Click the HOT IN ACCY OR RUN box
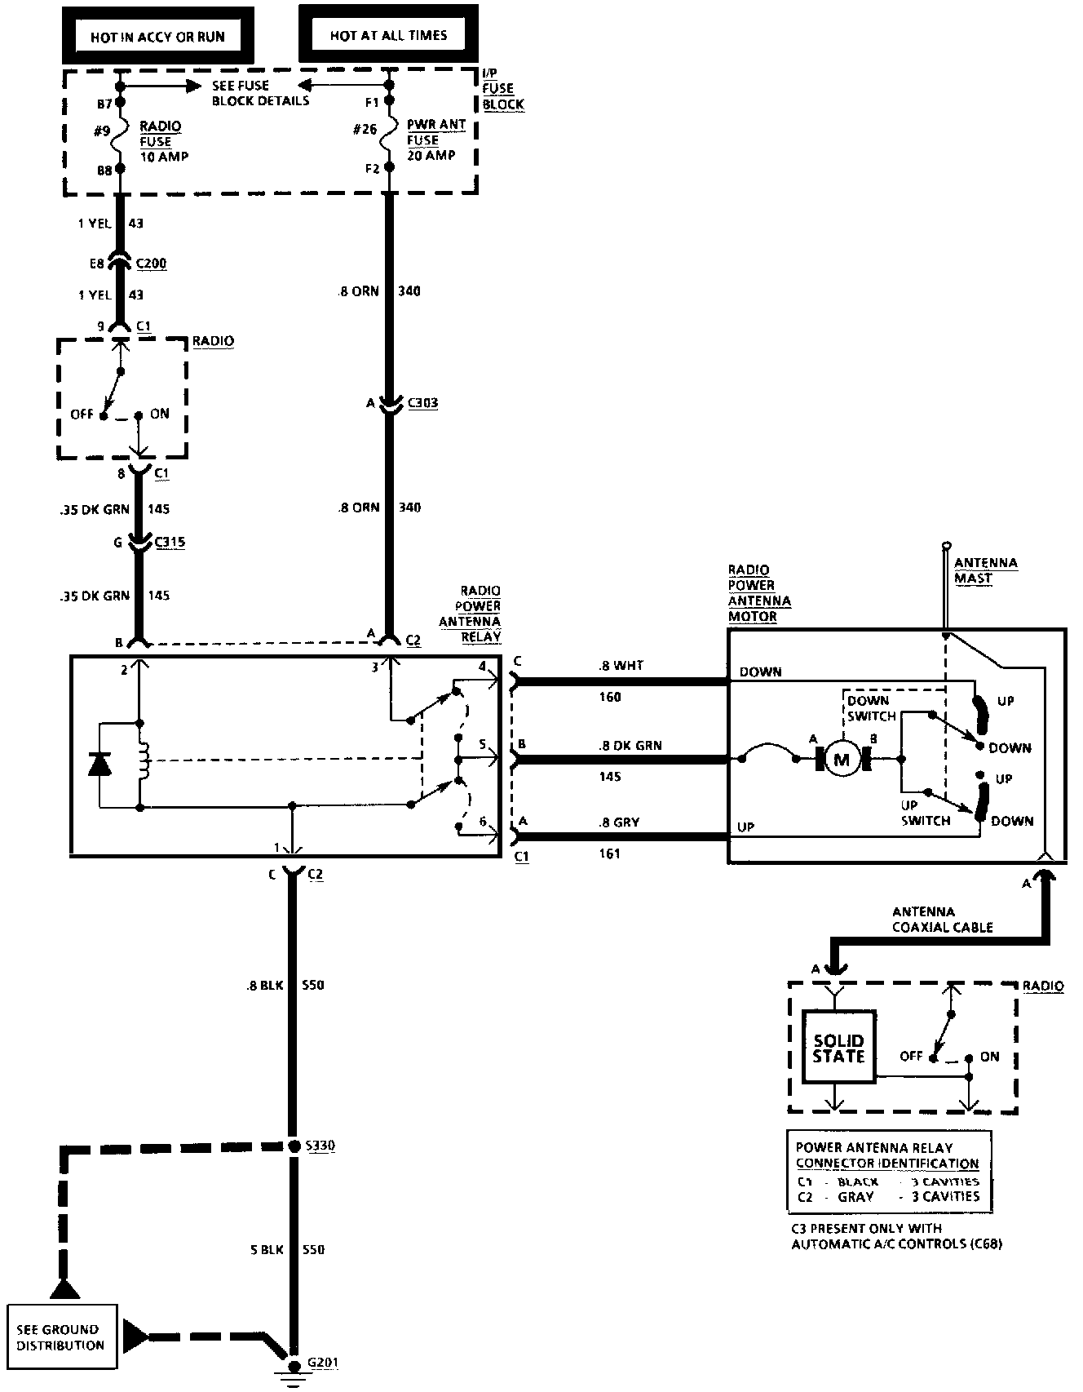pos(157,36)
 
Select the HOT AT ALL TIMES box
pos(388,35)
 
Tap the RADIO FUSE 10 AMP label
pos(163,141)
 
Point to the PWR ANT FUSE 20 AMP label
pos(435,140)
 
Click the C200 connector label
pos(151,264)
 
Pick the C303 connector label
pos(422,402)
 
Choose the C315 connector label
pos(170,542)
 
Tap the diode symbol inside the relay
pos(99,765)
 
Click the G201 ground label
pos(323,1363)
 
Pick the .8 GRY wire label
pos(619,822)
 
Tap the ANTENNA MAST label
pos(985,570)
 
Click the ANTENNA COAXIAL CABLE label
pos(942,920)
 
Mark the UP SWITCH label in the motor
pos(925,813)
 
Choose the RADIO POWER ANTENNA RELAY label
pos(480,613)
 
